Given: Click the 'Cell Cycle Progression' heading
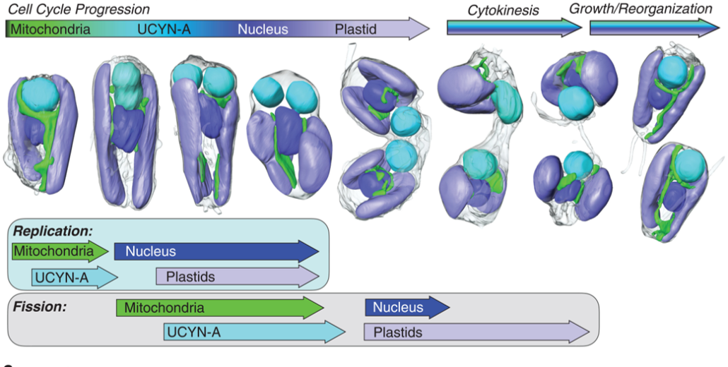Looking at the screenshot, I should [x=78, y=10].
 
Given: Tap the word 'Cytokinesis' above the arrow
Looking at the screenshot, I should [x=503, y=11].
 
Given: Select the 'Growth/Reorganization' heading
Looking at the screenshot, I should [x=640, y=9].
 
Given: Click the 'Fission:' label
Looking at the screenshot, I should [x=40, y=308].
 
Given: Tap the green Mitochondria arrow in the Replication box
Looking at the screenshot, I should [x=59, y=251].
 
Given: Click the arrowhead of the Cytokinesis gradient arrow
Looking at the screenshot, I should [x=573, y=28].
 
